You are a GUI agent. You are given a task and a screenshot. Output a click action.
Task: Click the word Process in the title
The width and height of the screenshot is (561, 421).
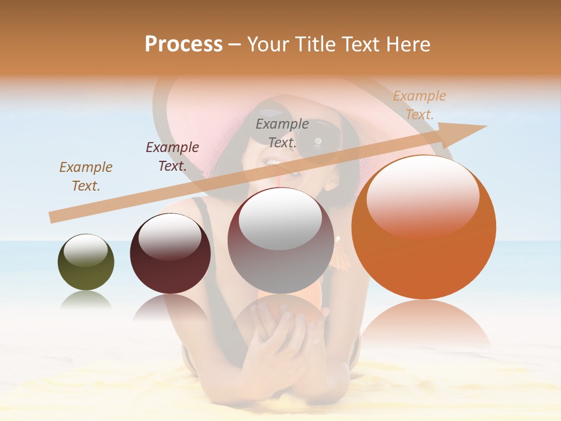click(x=183, y=44)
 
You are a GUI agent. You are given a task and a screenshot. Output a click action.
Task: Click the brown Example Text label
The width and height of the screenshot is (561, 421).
click(x=86, y=176)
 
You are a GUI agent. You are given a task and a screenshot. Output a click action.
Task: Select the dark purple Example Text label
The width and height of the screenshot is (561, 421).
click(x=172, y=156)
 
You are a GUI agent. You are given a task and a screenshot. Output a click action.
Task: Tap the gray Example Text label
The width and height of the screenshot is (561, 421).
click(x=282, y=133)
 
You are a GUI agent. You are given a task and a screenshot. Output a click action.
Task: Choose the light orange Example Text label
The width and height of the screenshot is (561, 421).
click(x=420, y=105)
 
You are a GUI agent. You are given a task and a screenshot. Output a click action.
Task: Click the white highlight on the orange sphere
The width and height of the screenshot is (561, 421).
click(x=423, y=196)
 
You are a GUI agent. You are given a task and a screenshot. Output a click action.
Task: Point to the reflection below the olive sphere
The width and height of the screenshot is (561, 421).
click(x=86, y=300)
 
